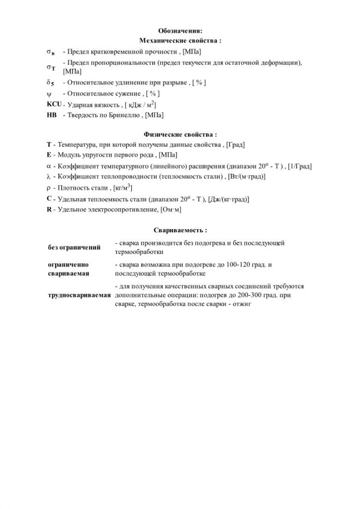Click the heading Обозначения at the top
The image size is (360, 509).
point(180,31)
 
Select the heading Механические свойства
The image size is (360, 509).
point(180,40)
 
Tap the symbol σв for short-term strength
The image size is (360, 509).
point(51,52)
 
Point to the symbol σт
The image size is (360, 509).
point(51,67)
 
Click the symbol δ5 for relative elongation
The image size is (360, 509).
point(50,83)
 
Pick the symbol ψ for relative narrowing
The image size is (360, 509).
point(49,93)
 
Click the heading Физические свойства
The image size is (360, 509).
point(180,134)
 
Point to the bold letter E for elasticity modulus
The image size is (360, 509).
point(49,155)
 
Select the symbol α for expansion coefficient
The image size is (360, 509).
point(49,166)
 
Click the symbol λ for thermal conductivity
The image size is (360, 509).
point(49,177)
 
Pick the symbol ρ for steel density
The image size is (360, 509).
point(49,188)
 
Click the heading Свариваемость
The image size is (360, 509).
point(180,231)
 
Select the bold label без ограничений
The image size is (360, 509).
point(74,247)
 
